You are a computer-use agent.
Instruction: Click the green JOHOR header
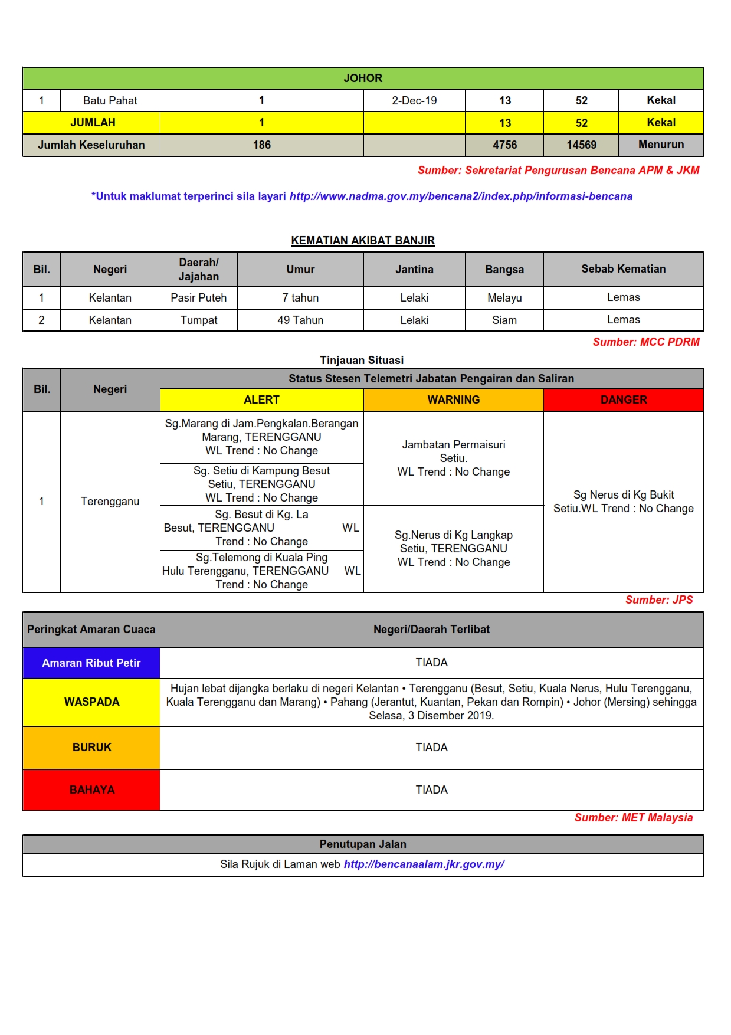tap(363, 78)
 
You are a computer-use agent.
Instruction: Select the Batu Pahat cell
tap(110, 100)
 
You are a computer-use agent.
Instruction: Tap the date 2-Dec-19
tap(414, 100)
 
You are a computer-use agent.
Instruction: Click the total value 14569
tap(581, 145)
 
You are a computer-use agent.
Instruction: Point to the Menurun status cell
tap(661, 145)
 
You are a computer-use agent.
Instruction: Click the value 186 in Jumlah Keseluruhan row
tap(261, 145)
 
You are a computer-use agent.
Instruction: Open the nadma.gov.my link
tap(461, 196)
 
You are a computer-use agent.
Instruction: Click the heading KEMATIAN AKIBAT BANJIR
tap(363, 240)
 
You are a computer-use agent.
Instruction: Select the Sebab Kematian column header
tap(623, 269)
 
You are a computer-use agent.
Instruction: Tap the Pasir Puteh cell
tap(198, 298)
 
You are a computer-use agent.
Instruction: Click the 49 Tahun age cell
tap(300, 320)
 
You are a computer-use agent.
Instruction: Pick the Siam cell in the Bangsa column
tap(504, 320)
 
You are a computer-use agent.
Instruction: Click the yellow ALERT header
tap(261, 400)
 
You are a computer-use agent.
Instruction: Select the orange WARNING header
tap(453, 400)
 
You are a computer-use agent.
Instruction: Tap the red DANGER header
tap(623, 400)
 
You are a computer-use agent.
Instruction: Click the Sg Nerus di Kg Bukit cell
tap(623, 502)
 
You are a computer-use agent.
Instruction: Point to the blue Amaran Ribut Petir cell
tap(91, 663)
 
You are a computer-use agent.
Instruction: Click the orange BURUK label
tap(91, 748)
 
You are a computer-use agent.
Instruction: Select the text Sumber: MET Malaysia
tap(633, 818)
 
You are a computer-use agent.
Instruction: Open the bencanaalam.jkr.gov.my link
tap(424, 864)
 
